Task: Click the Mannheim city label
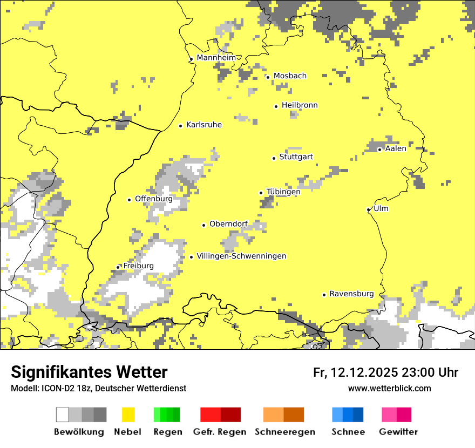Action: [216, 58]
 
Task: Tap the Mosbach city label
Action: [290, 76]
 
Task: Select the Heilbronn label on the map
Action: [300, 105]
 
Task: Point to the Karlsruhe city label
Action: [203, 125]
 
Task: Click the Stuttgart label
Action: [296, 157]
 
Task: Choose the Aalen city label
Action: [396, 148]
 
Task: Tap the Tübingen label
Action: [283, 192]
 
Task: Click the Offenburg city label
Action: [153, 199]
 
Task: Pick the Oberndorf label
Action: [228, 224]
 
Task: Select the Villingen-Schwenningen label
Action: [241, 256]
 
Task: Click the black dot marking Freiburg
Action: [118, 267]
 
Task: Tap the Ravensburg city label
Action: [351, 294]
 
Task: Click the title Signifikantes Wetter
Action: [89, 372]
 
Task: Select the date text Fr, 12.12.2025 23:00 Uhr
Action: [385, 372]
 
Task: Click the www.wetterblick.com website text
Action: [389, 388]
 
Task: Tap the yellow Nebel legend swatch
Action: [128, 415]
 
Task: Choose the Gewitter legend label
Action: [398, 432]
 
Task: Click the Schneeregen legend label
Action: [284, 432]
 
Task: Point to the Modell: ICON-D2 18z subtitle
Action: [98, 388]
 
